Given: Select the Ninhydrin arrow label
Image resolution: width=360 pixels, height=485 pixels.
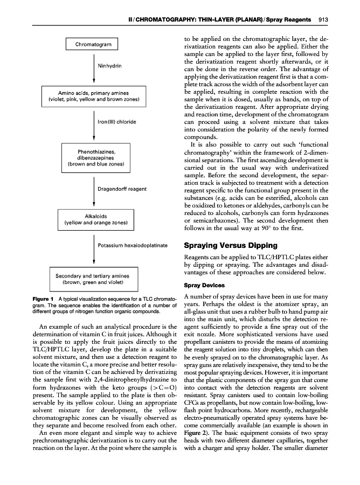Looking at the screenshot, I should [x=109, y=66].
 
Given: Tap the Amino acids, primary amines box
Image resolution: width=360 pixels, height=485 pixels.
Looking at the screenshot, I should [x=94, y=96].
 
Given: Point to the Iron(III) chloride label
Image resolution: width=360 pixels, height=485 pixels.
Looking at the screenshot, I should [x=116, y=122].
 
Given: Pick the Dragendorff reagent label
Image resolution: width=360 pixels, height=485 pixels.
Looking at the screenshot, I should [x=122, y=189].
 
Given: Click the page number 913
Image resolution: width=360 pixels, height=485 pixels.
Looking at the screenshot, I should [x=340, y=20].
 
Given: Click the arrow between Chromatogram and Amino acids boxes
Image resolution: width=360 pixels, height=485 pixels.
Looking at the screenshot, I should [x=94, y=70].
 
